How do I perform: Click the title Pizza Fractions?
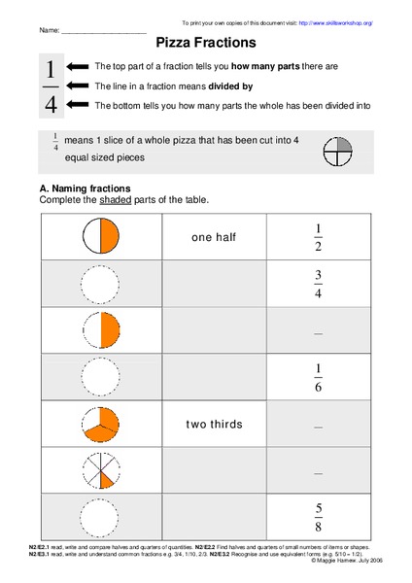click(206, 43)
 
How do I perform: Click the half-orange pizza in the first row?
click(100, 236)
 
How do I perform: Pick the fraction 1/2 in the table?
click(318, 236)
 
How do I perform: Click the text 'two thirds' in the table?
click(214, 424)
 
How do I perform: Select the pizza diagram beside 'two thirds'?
click(100, 424)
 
